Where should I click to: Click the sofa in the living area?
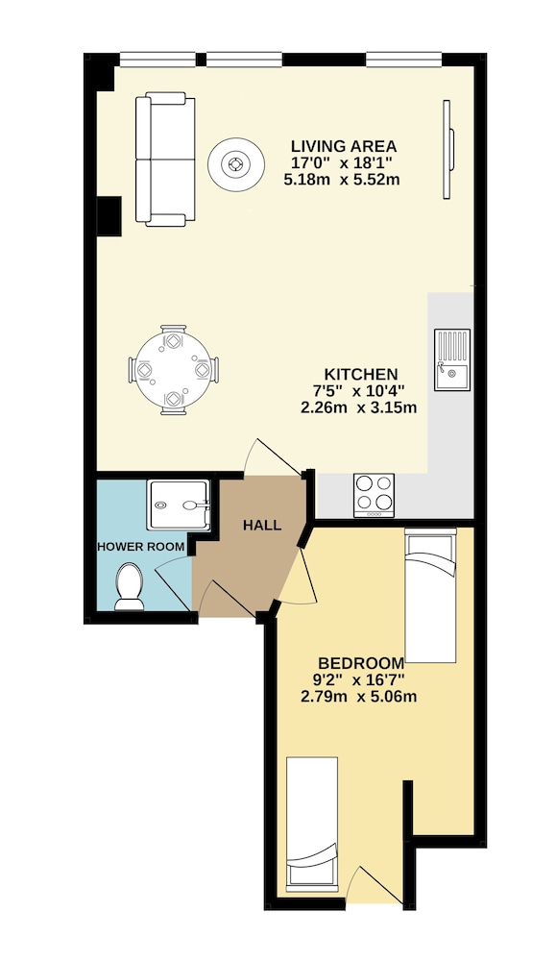(x=165, y=160)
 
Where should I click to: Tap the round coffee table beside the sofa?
(x=236, y=164)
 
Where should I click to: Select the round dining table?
(x=174, y=370)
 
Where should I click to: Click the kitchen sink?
(x=452, y=359)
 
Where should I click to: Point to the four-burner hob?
(x=374, y=495)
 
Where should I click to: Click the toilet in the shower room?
(x=130, y=586)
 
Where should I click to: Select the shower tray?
(x=179, y=505)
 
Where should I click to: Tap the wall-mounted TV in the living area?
(x=448, y=150)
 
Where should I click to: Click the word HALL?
(x=262, y=526)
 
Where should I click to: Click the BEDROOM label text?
(x=361, y=663)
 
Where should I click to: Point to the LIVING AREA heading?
(x=344, y=146)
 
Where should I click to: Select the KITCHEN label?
(x=361, y=374)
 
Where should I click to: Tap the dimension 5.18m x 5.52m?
(x=342, y=180)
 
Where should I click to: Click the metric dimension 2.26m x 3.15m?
(x=359, y=407)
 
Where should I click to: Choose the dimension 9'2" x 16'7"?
(x=358, y=679)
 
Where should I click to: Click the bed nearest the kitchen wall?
(x=431, y=595)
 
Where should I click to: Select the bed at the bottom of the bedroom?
(x=312, y=822)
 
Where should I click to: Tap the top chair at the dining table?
(x=173, y=336)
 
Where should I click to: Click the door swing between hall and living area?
(x=271, y=457)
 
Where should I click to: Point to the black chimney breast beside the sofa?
(x=109, y=215)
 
